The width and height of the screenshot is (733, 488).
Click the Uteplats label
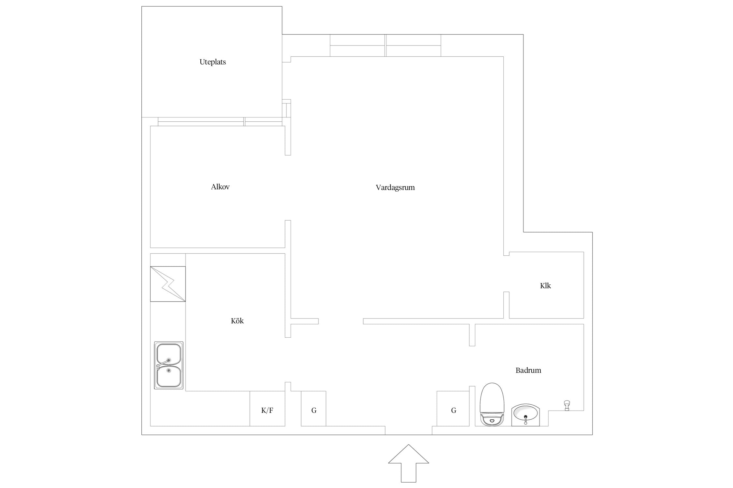[212, 62]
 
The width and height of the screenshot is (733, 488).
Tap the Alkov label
[220, 187]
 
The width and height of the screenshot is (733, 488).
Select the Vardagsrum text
[395, 188]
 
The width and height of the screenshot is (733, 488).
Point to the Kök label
[237, 321]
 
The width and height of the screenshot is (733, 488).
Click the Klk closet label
[545, 286]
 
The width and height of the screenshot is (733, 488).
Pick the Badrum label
[528, 370]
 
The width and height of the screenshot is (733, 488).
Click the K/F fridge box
[267, 408]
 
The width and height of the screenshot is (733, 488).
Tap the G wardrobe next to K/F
[313, 408]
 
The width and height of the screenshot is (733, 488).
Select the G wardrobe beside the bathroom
[453, 408]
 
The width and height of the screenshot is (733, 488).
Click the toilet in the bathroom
[492, 404]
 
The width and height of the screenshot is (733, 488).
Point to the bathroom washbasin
[525, 415]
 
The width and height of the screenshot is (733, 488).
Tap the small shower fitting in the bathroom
[567, 405]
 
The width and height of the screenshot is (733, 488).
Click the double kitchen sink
[168, 365]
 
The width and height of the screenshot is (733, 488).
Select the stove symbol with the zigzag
[168, 284]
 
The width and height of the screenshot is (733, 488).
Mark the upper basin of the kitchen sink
[168, 354]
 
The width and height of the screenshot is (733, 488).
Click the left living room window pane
[357, 46]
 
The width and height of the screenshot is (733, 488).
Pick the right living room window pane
[413, 46]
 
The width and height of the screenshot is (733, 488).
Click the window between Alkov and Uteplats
[220, 122]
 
